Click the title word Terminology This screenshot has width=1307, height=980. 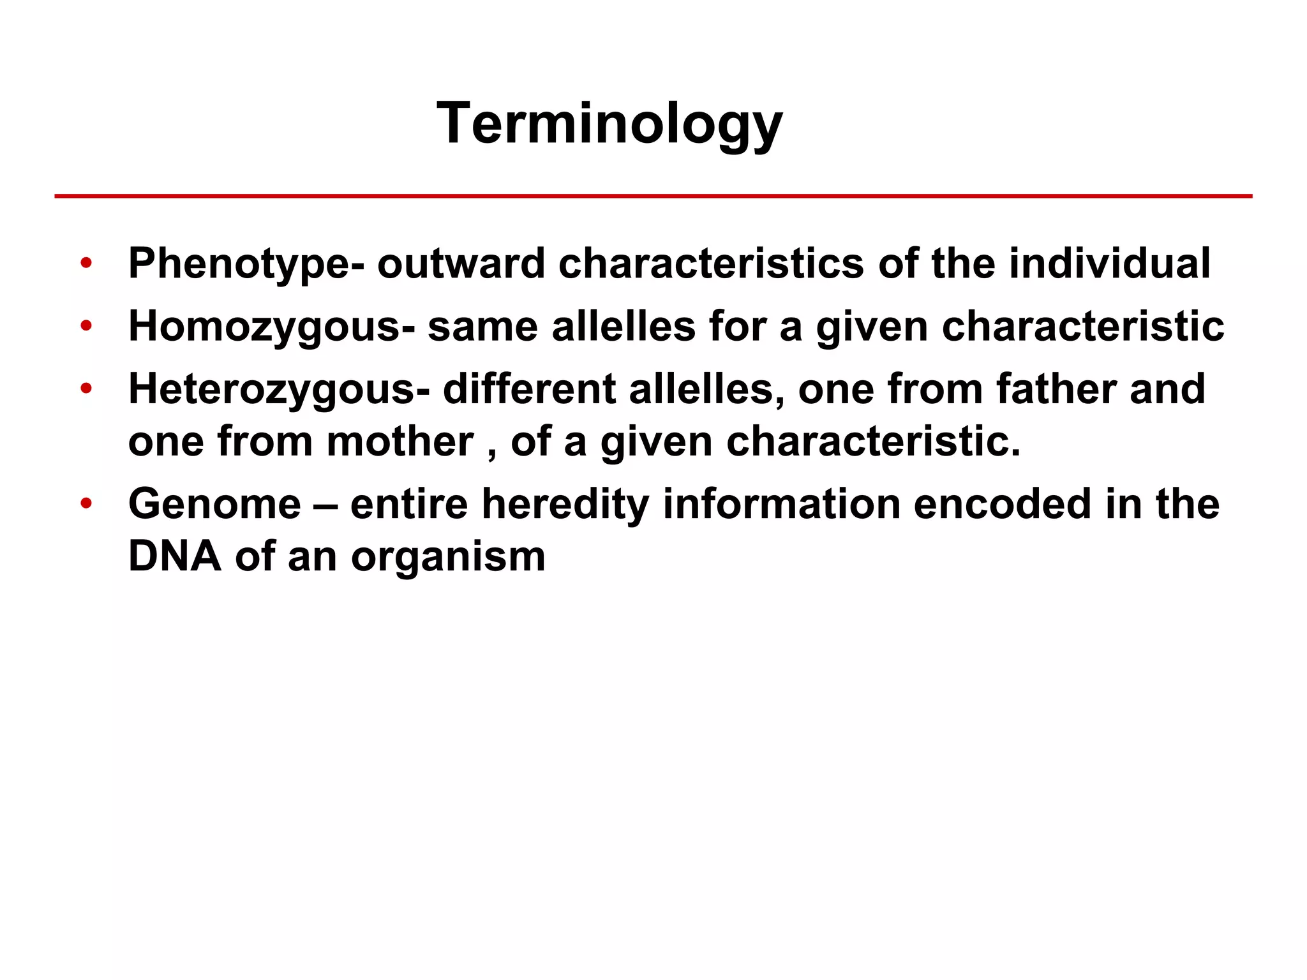[609, 124]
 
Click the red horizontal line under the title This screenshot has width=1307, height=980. [653, 196]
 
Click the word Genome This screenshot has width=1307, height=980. [214, 504]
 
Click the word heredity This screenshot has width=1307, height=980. [565, 505]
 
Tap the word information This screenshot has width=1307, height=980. [781, 504]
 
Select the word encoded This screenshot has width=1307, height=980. [1003, 504]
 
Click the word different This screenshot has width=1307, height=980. [529, 389]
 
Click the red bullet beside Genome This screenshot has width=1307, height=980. [86, 503]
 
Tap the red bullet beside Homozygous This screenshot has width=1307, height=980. [86, 326]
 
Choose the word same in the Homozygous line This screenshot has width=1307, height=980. [482, 327]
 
